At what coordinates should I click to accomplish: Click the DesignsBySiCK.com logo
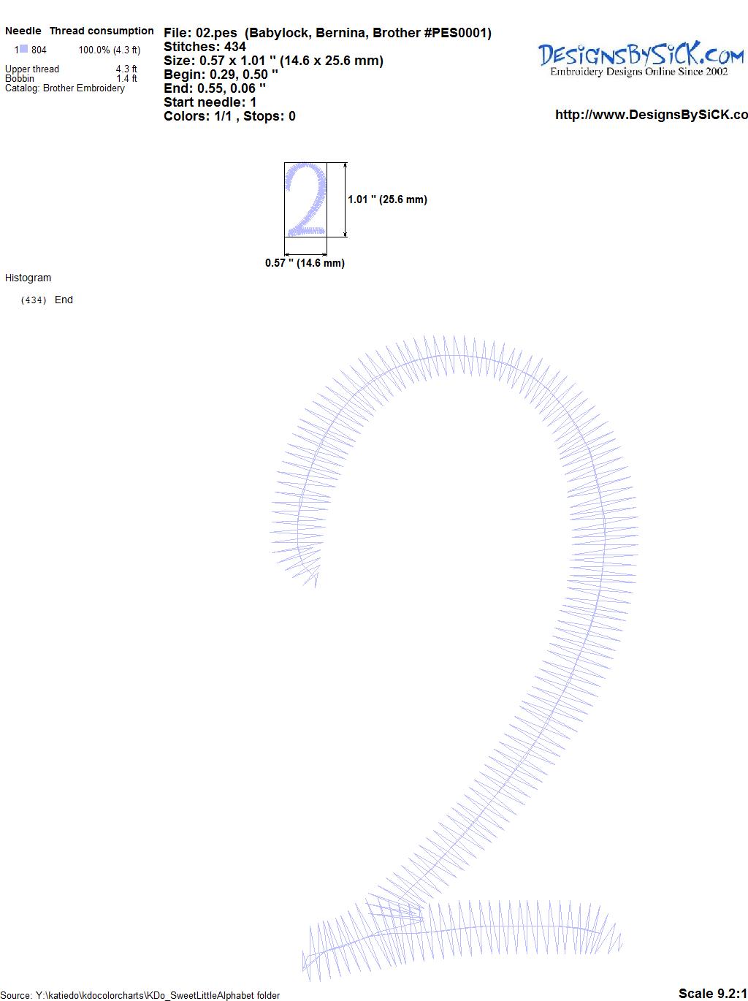pyautogui.click(x=641, y=59)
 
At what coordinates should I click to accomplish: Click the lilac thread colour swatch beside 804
pyautogui.click(x=24, y=49)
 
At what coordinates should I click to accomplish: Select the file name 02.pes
pyautogui.click(x=216, y=33)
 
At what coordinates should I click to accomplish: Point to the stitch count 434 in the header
pyautogui.click(x=235, y=47)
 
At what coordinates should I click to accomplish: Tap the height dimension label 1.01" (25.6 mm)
pyautogui.click(x=387, y=199)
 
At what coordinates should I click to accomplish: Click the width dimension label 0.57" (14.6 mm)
pyautogui.click(x=305, y=263)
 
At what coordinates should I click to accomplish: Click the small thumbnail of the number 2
pyautogui.click(x=305, y=199)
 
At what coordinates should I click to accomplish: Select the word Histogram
pyautogui.click(x=28, y=278)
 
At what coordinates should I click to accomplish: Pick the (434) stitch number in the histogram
pyautogui.click(x=34, y=300)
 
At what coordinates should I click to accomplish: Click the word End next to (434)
pyautogui.click(x=64, y=300)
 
